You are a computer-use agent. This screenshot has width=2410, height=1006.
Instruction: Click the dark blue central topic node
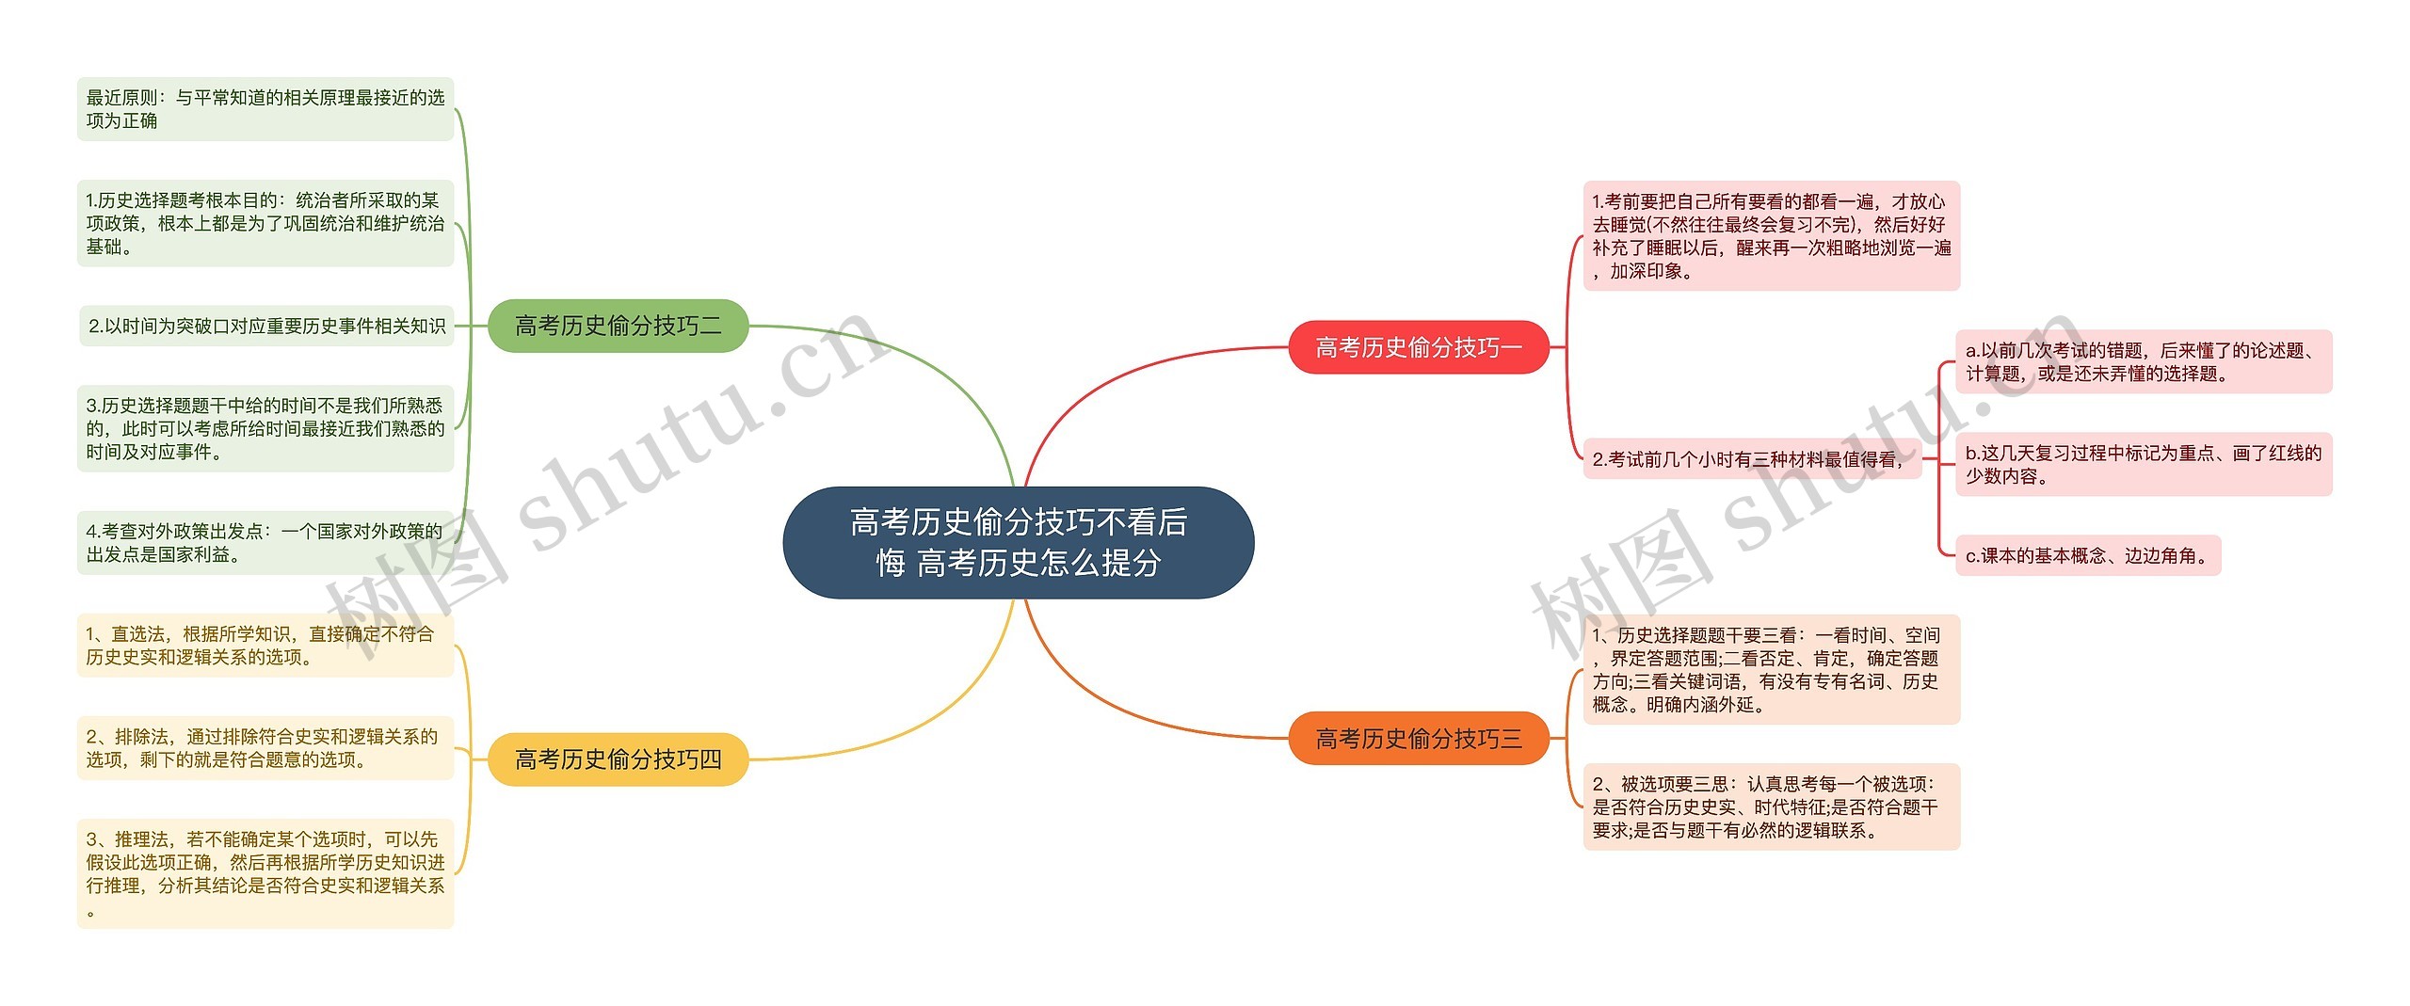tap(1018, 542)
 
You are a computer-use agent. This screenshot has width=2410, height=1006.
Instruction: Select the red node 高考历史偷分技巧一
tap(1418, 347)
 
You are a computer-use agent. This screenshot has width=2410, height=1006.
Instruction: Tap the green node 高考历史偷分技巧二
tap(618, 326)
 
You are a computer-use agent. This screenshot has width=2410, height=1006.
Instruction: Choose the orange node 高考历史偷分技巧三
tap(1418, 739)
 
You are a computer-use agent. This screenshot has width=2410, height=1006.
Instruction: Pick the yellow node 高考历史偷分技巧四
tap(618, 758)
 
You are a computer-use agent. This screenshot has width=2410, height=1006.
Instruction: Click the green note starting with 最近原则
tap(265, 109)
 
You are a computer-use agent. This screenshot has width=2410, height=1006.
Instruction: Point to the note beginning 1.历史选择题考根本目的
tap(265, 223)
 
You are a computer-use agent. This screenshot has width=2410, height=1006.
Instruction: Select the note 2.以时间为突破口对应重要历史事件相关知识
tap(266, 326)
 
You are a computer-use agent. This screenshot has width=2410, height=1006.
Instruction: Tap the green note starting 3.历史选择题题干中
tap(265, 428)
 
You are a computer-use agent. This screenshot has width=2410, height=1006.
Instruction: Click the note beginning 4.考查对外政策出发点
tap(265, 543)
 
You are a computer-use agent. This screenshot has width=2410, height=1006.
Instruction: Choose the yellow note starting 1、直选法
tap(265, 646)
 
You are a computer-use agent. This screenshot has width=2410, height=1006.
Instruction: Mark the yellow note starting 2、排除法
tap(265, 748)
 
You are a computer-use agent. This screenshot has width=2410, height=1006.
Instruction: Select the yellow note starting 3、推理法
tap(265, 873)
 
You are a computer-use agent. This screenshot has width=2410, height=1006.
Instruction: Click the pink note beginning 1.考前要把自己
tap(1771, 235)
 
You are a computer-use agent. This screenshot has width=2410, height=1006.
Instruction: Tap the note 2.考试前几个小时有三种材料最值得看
tap(1751, 459)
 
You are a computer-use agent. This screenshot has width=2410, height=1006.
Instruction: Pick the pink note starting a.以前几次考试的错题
tap(2143, 361)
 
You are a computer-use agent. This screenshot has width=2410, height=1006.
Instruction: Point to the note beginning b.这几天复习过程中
tap(2143, 464)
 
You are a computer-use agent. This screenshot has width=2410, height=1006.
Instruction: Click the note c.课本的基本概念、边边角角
tap(2087, 555)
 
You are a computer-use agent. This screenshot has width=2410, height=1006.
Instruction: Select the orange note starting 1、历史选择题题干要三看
tap(1771, 669)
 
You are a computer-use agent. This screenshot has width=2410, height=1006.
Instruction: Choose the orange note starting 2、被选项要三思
tap(1771, 806)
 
